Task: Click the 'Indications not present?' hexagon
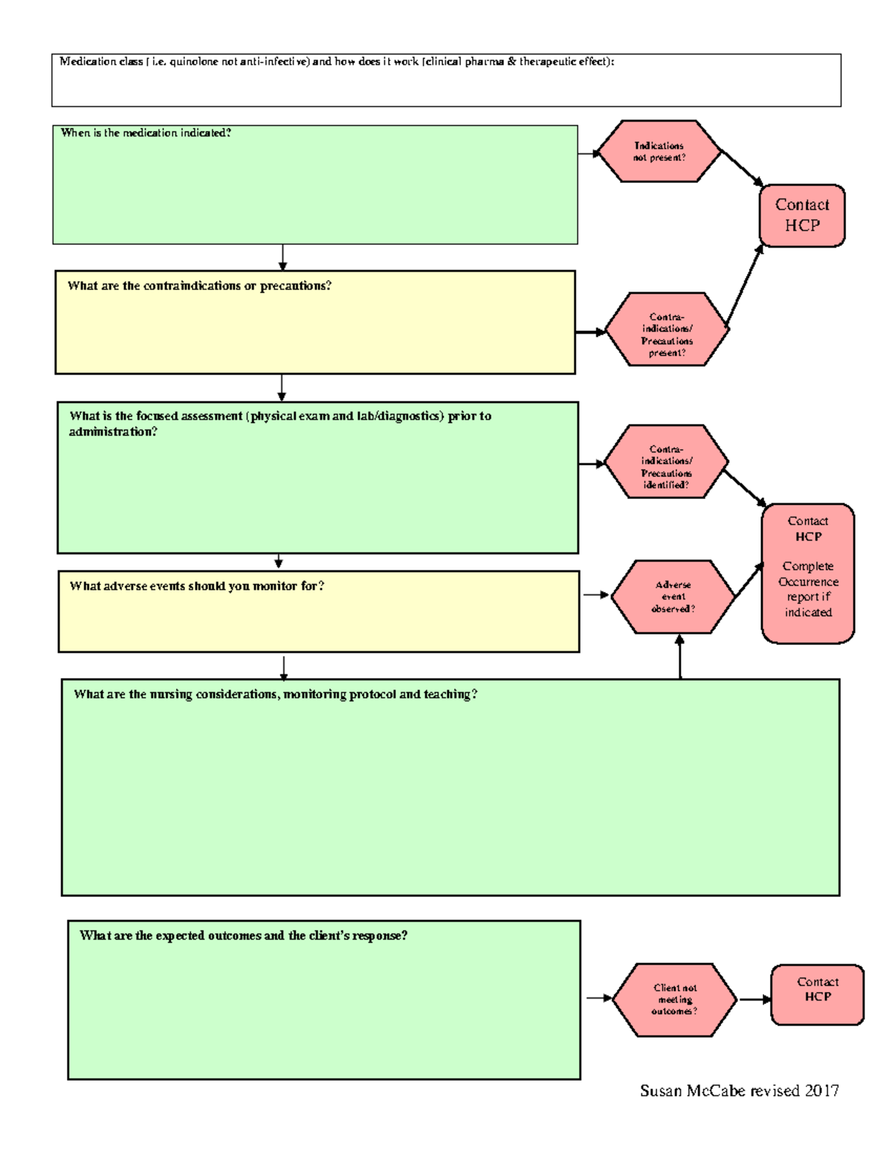[x=659, y=152]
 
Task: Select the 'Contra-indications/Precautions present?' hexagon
[x=667, y=329]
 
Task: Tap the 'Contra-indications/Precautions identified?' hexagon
[x=666, y=462]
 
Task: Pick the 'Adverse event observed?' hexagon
[x=673, y=596]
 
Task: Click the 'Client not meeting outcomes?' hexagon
[x=674, y=1000]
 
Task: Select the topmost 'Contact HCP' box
[x=802, y=216]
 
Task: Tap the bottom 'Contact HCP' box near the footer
[x=817, y=995]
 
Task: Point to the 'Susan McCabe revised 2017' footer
[x=739, y=1091]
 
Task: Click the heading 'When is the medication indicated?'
[x=146, y=133]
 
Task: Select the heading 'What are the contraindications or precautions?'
[x=199, y=286]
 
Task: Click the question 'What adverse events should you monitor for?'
[x=197, y=586]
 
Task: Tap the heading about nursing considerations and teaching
[x=275, y=695]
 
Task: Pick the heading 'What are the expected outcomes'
[x=243, y=936]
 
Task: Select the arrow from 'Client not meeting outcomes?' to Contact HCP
[x=754, y=1000]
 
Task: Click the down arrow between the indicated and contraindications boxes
[x=282, y=257]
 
